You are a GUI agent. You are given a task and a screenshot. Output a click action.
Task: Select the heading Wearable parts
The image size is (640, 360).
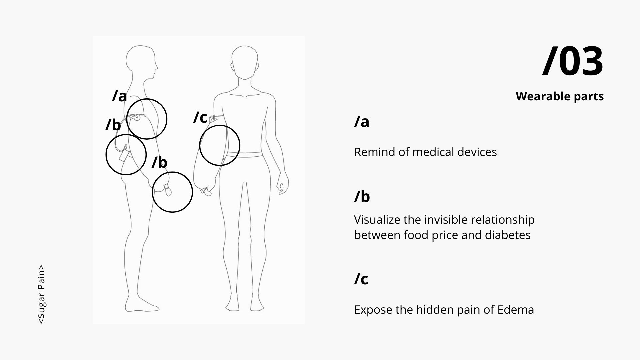coord(560,96)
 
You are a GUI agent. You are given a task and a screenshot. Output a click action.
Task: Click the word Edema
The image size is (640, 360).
coord(516,310)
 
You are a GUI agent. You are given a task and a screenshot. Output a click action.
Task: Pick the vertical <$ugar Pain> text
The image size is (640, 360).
coord(41,294)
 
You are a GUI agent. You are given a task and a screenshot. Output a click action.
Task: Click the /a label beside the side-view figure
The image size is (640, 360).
coord(120,96)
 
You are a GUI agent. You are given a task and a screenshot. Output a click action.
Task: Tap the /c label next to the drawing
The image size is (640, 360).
coord(200,117)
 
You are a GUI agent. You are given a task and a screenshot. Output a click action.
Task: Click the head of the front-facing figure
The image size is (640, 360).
coord(245,63)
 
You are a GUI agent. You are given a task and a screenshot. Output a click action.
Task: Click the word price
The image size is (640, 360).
coord(445,235)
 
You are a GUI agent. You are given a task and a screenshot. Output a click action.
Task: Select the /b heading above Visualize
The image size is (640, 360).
coord(362,197)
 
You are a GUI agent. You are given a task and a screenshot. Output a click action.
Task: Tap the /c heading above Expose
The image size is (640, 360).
coord(361,279)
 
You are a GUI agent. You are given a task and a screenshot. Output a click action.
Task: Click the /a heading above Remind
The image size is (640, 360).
coord(362,122)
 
